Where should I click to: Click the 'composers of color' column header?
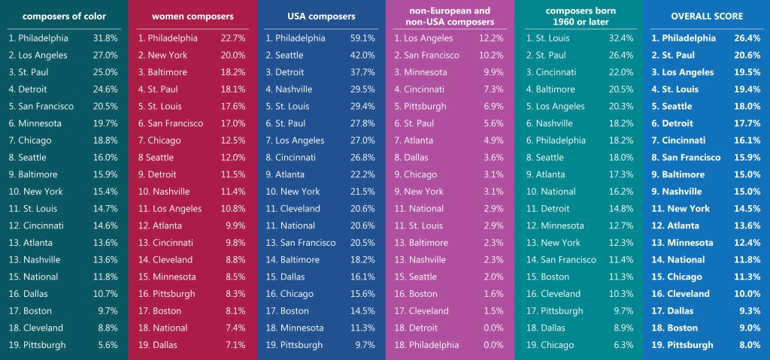64,16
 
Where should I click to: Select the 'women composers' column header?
192,16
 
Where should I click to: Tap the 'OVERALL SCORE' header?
706,16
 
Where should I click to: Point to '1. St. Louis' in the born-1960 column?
550,38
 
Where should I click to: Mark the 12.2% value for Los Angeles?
491,38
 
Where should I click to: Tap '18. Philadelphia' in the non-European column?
426,345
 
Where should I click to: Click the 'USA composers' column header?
321,16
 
